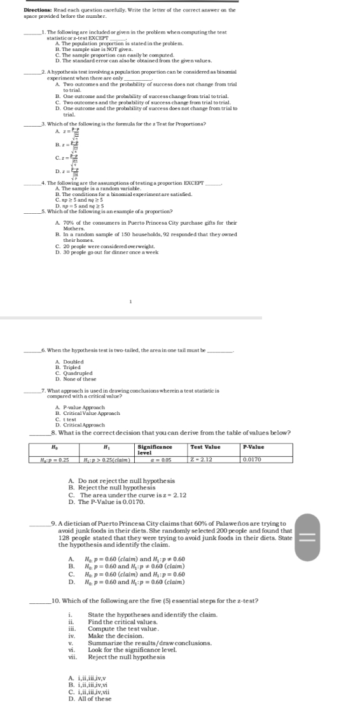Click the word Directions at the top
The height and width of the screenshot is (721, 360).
click(37, 10)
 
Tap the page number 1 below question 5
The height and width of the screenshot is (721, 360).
click(130, 302)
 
